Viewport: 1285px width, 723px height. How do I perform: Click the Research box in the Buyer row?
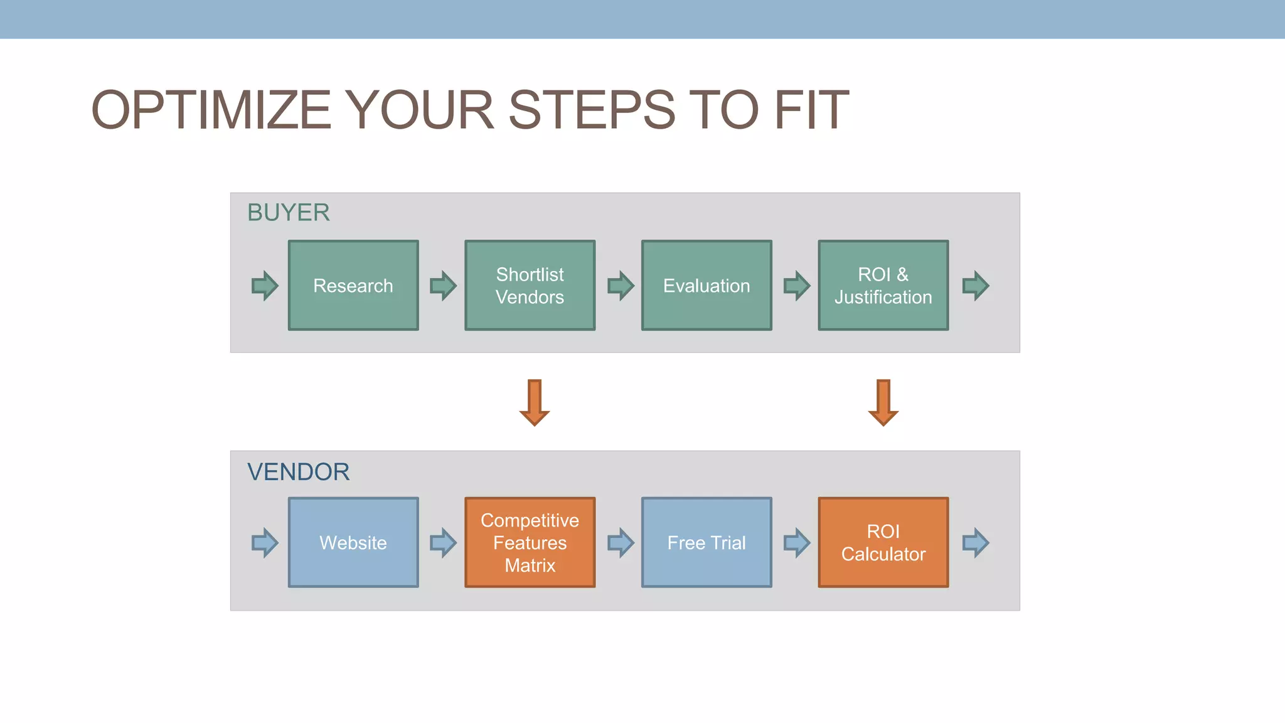(x=353, y=286)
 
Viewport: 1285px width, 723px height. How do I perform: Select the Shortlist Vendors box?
(x=530, y=286)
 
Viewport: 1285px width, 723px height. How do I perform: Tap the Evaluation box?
(x=706, y=286)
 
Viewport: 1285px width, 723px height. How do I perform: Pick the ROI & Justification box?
(x=883, y=286)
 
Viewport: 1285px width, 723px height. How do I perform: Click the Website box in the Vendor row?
(x=353, y=543)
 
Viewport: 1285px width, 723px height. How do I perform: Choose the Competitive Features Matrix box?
(x=530, y=543)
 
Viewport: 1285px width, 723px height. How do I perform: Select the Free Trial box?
(x=706, y=543)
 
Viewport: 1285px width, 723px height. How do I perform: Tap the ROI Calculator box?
(x=883, y=543)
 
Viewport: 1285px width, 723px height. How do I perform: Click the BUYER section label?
(x=288, y=213)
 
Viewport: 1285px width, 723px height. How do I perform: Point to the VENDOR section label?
(x=298, y=472)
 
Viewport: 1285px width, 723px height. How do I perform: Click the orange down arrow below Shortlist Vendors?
(x=535, y=403)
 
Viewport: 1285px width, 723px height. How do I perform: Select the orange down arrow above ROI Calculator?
(x=883, y=403)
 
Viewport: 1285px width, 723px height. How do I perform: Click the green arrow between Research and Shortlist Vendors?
(x=443, y=286)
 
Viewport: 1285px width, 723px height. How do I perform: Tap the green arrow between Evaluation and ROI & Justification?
(x=797, y=286)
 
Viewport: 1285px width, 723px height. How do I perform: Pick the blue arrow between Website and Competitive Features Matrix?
(x=443, y=543)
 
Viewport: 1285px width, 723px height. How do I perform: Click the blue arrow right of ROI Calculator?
(x=976, y=543)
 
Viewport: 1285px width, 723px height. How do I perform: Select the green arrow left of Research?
(x=265, y=286)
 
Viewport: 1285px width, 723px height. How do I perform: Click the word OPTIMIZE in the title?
(x=211, y=110)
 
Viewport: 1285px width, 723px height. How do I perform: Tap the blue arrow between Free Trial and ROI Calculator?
(x=797, y=543)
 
